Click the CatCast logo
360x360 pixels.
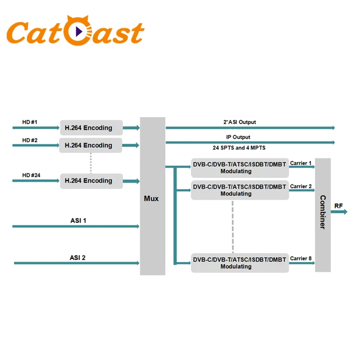coord(76,32)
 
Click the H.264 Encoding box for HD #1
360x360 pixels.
coord(91,128)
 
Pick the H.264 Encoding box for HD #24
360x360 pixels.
coord(91,181)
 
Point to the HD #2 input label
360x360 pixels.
coord(30,140)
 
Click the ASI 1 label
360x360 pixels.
coord(78,221)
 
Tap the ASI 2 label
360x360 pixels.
coord(77,258)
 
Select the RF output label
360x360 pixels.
coord(339,206)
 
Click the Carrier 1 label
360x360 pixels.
coord(301,163)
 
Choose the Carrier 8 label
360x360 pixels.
coord(301,259)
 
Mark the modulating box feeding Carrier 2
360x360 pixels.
coord(240,190)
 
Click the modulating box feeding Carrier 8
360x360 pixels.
coord(240,263)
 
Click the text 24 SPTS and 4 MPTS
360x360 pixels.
coord(239,147)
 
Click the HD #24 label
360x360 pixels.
coord(31,175)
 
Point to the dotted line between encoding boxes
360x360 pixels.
coord(90,163)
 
